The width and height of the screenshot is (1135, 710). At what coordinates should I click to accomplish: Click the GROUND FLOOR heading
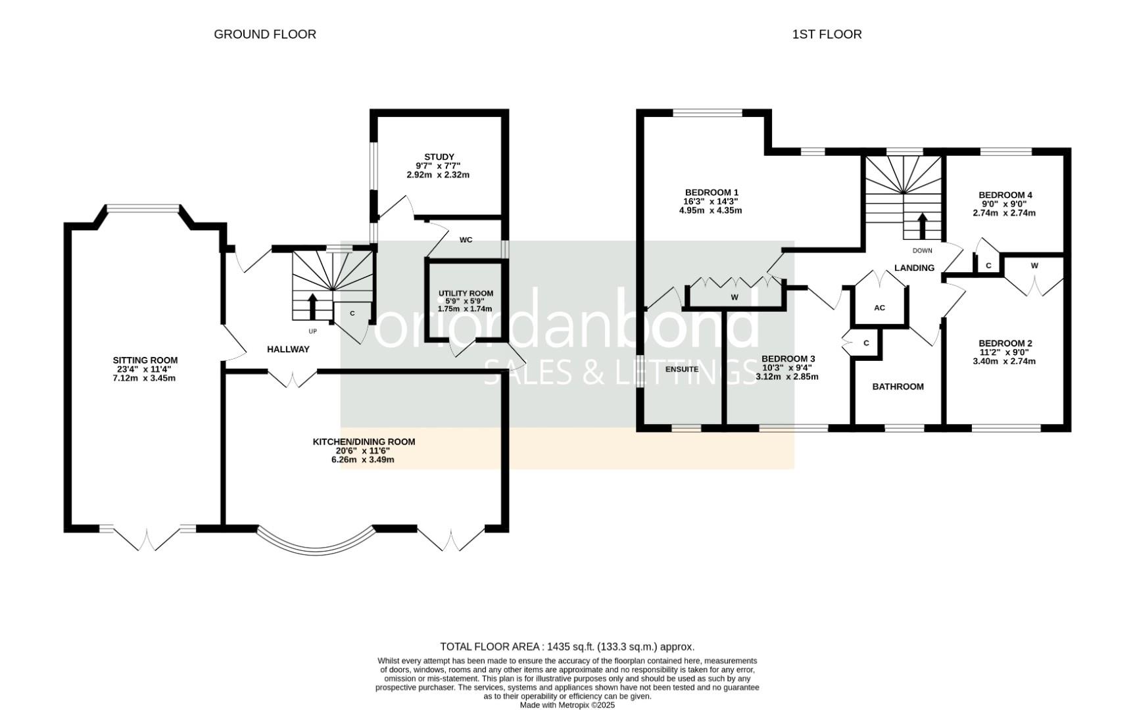[265, 34]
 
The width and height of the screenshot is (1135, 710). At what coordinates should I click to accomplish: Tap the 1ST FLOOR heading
[827, 34]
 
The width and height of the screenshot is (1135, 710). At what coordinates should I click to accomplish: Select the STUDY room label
[439, 157]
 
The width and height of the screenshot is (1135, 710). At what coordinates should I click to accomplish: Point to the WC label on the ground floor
[466, 240]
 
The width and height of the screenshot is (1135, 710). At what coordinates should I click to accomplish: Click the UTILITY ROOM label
[466, 294]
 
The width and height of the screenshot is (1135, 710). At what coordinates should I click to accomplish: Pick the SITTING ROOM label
[145, 360]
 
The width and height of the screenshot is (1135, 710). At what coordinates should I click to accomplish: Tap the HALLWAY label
[288, 349]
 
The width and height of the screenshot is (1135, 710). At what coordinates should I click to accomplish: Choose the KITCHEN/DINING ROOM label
[364, 442]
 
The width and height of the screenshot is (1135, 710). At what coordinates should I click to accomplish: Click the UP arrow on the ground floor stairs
[312, 306]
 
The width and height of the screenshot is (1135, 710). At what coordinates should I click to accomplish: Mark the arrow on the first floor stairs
[922, 225]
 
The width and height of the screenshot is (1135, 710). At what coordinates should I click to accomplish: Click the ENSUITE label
[682, 369]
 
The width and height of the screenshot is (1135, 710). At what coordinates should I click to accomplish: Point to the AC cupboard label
[879, 308]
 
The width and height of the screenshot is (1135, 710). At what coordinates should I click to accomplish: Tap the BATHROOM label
[898, 387]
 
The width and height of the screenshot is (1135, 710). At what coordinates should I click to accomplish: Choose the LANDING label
[914, 268]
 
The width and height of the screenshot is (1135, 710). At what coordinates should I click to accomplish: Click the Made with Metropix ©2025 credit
[567, 705]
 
